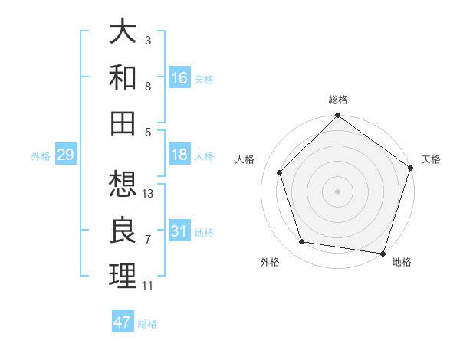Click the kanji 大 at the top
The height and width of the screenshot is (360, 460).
(x=123, y=32)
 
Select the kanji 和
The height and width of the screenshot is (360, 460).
(x=123, y=77)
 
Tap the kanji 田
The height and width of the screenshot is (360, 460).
(x=123, y=123)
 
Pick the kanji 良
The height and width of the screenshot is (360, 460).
(x=123, y=230)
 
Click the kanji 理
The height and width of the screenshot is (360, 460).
(x=123, y=275)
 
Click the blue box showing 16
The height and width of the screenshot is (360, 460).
(x=179, y=78)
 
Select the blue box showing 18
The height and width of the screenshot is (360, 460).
(x=179, y=155)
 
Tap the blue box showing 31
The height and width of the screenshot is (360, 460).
(x=179, y=231)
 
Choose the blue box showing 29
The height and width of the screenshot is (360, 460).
(x=65, y=155)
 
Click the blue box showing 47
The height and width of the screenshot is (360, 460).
(x=123, y=322)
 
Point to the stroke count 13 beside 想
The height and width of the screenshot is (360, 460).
(x=149, y=194)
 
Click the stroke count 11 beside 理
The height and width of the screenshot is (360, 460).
(x=148, y=286)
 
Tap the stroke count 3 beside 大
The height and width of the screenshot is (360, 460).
(x=148, y=40)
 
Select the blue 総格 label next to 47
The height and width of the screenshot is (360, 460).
(x=147, y=324)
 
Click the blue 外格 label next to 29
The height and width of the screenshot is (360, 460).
(x=41, y=156)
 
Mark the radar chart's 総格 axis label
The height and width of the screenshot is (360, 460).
(x=337, y=100)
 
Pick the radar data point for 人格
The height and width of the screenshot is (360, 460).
(x=280, y=172)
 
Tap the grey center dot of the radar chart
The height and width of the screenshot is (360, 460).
(x=337, y=191)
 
